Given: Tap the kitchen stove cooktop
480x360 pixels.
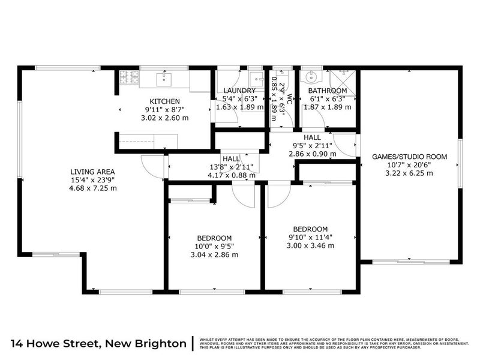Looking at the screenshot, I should tap(129, 77).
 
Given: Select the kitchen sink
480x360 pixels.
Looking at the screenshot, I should tap(164, 79).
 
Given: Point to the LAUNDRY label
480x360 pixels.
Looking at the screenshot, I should tap(239, 91).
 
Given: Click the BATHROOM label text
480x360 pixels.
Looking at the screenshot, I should tap(327, 91).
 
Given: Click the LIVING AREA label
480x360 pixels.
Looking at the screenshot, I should tap(92, 171).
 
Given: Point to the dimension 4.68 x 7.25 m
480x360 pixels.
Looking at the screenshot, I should tap(92, 188).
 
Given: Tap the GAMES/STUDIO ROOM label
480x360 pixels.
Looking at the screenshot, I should tap(410, 157).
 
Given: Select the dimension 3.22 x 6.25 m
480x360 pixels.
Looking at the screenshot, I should tap(410, 173).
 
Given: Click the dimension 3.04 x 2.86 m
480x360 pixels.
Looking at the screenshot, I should tap(214, 254).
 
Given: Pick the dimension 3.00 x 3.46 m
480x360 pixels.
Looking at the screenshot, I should tap(310, 245).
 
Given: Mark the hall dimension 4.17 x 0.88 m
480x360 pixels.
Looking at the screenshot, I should tap(231, 175).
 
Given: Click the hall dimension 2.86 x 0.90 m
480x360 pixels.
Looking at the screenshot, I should tap(312, 154).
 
